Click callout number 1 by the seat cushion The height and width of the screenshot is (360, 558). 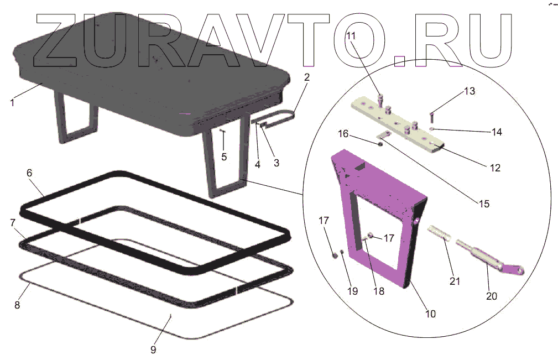(12, 102)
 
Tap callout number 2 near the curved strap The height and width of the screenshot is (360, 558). (306, 77)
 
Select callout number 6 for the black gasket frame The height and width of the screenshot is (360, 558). (29, 173)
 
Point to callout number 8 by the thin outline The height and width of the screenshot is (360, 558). (17, 305)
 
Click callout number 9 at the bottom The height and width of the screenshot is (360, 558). (153, 349)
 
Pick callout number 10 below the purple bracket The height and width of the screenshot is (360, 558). (430, 314)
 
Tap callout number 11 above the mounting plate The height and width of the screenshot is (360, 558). (352, 36)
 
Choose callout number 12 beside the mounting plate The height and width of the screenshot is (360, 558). (495, 168)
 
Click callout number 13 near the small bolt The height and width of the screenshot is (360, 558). (469, 91)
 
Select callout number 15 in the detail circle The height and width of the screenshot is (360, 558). (484, 204)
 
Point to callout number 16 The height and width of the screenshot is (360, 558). (343, 134)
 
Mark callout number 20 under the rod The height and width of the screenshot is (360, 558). (492, 296)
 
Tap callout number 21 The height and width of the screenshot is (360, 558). (454, 281)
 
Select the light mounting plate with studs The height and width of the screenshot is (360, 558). (398, 119)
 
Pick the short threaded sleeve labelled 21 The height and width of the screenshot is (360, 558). (442, 232)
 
